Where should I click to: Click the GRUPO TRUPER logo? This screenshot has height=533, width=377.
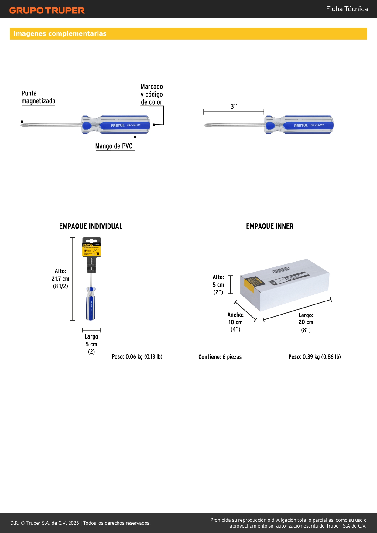tap(47, 10)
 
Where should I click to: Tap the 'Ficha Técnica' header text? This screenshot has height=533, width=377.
tap(347, 9)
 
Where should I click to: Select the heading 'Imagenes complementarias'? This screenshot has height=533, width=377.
tap(60, 34)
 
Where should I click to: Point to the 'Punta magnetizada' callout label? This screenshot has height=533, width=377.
tap(38, 97)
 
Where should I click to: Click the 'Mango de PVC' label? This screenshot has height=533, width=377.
tap(114, 146)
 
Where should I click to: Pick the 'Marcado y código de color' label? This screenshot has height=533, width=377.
tap(152, 95)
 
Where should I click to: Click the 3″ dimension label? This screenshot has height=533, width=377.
tap(234, 106)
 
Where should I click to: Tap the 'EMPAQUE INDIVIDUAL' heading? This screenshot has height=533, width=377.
tap(91, 226)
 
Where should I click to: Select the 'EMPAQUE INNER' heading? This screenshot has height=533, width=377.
tap(270, 226)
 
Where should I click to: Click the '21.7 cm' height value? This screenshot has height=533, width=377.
tap(60, 279)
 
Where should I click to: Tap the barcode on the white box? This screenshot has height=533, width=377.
tap(281, 270)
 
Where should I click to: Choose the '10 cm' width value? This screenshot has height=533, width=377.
tap(235, 322)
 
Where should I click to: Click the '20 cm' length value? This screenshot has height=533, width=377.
tap(306, 322)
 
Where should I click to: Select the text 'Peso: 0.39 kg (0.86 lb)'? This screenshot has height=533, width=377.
tap(314, 357)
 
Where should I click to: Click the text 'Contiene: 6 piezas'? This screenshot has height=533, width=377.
tap(220, 357)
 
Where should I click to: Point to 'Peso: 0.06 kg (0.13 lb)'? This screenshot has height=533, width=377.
tap(137, 357)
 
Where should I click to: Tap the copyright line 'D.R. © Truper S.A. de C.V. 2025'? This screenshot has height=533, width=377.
tap(45, 523)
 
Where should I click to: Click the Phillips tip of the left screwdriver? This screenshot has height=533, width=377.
tap(22, 125)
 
